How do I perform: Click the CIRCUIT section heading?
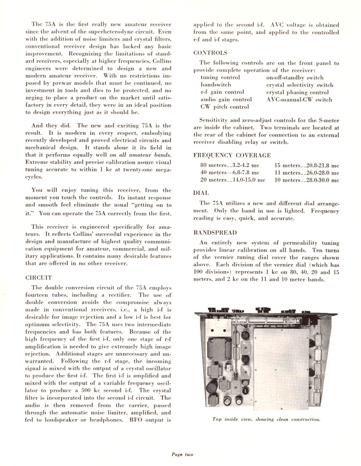(39, 277)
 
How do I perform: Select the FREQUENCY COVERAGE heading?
(232, 155)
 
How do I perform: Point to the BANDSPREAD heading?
(215, 233)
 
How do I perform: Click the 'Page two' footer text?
(182, 454)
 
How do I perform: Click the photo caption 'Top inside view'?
(266, 419)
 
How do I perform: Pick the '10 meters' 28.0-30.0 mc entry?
(306, 180)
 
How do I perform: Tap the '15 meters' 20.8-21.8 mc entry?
(306, 165)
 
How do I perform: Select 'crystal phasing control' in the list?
(297, 92)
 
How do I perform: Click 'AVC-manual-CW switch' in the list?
(299, 100)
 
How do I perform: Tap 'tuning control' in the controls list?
(220, 78)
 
